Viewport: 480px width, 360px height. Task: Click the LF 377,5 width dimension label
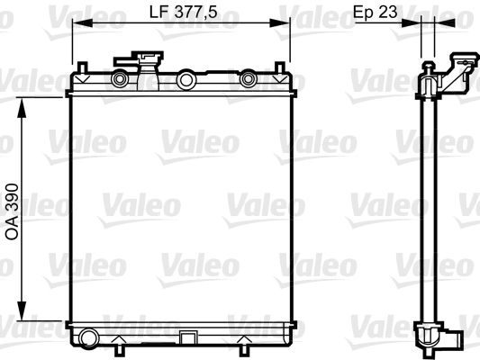[x=185, y=13]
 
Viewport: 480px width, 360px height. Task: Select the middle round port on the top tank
[x=186, y=80]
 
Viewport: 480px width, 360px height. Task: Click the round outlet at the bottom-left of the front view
[x=87, y=339]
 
